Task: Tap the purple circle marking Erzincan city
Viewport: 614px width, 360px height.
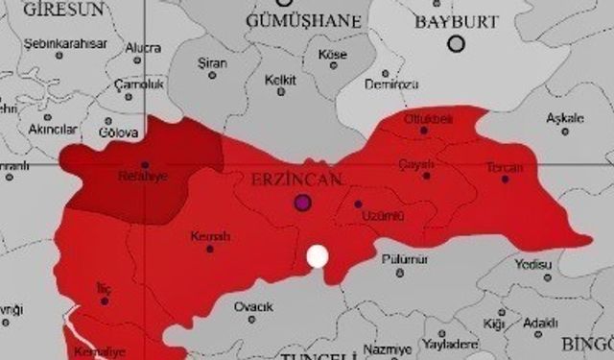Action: (x=304, y=203)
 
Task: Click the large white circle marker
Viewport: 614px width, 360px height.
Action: (x=317, y=256)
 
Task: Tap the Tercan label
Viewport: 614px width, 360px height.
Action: (x=505, y=166)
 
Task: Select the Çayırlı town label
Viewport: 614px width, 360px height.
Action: (x=417, y=163)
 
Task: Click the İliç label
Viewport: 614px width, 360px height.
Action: (x=105, y=287)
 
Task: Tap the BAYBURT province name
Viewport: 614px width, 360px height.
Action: (x=454, y=20)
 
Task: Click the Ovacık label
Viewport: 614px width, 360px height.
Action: (x=254, y=307)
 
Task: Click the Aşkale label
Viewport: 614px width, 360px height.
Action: (x=564, y=118)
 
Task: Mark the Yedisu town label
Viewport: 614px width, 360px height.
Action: (x=533, y=263)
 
